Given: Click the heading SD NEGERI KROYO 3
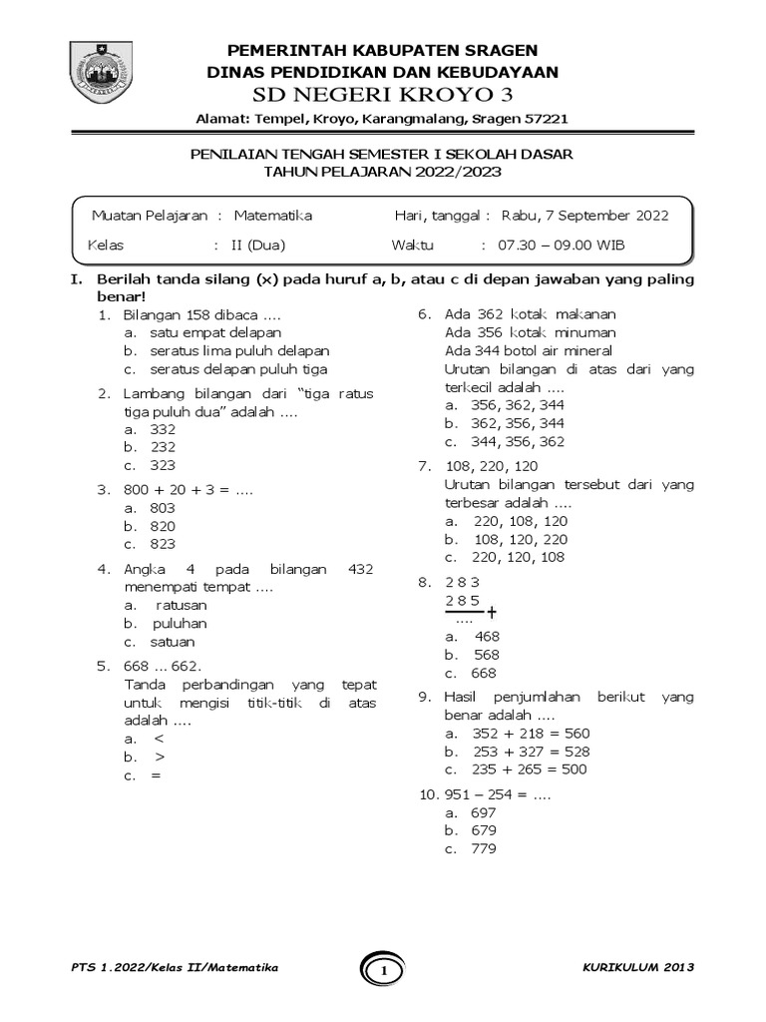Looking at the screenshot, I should (383, 95).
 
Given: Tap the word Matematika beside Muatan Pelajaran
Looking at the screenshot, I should (273, 215).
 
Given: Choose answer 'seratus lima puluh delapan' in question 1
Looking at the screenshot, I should (239, 351).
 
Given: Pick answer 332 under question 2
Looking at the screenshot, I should (163, 428).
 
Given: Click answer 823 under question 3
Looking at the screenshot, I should (163, 544).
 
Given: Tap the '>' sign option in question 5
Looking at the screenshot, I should (160, 758).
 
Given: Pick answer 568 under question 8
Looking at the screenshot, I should (487, 656).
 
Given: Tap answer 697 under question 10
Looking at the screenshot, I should (483, 811).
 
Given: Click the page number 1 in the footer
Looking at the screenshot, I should (383, 969).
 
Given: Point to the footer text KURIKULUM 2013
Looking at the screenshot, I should (637, 968).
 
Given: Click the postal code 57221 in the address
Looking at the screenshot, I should (548, 118).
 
